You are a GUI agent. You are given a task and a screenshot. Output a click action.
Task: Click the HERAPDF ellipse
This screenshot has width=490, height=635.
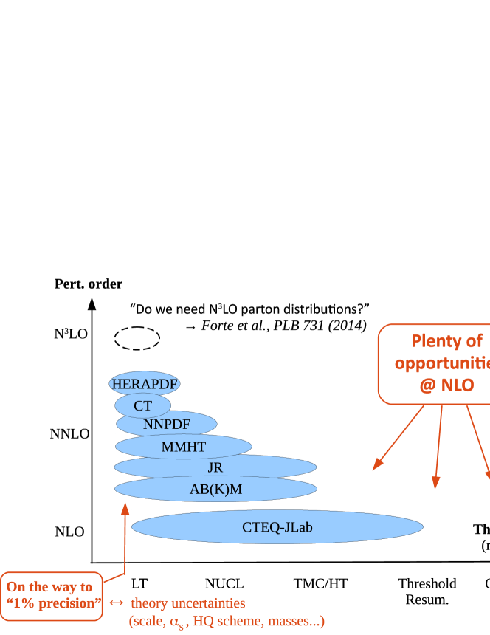point(145,384)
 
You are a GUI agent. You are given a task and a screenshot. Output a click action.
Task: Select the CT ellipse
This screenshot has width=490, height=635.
point(142,405)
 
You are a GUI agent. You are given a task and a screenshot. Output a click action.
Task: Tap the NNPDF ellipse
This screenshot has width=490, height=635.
point(166,424)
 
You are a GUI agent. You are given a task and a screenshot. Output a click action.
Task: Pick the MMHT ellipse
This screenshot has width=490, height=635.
point(183,447)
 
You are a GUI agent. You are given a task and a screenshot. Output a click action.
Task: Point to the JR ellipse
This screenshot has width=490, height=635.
point(215,467)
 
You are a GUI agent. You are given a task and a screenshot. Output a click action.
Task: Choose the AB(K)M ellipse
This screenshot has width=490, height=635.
point(215,489)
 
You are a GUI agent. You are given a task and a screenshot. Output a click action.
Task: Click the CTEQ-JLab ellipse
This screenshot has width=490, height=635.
point(277,527)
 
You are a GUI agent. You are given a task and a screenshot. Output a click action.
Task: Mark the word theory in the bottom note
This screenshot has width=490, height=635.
point(150,603)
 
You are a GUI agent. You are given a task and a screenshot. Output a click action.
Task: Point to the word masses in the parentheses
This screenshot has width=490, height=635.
point(290,621)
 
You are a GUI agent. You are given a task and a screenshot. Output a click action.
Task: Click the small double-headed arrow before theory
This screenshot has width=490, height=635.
point(117,603)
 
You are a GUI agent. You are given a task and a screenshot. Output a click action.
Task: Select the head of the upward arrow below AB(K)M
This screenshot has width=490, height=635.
point(125,508)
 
